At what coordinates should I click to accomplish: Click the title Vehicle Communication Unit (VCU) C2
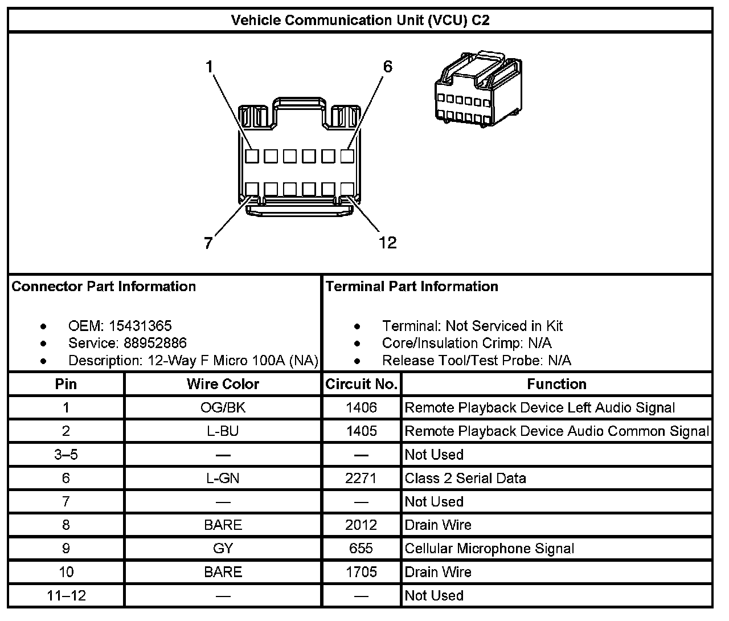[360, 21]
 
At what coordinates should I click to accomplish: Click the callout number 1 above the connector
[209, 67]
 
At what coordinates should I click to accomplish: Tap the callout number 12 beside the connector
[387, 243]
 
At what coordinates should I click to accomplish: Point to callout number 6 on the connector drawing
[387, 67]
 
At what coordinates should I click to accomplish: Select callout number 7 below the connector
[208, 244]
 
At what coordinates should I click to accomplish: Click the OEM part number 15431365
[140, 326]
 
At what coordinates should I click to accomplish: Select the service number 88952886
[155, 343]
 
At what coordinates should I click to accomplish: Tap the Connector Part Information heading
[104, 287]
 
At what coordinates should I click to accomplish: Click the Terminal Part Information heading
[412, 287]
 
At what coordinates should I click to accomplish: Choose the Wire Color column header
[223, 385]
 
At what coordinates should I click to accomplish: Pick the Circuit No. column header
[361, 385]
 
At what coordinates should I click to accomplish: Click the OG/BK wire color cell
[223, 408]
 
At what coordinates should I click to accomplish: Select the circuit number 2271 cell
[361, 478]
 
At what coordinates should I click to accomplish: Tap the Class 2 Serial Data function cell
[465, 478]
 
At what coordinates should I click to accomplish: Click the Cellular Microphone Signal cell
[489, 549]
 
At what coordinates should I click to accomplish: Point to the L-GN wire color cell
[223, 478]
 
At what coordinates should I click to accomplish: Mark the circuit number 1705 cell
[361, 572]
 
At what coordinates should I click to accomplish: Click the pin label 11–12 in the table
[66, 596]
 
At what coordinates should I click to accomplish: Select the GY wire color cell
[223, 549]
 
